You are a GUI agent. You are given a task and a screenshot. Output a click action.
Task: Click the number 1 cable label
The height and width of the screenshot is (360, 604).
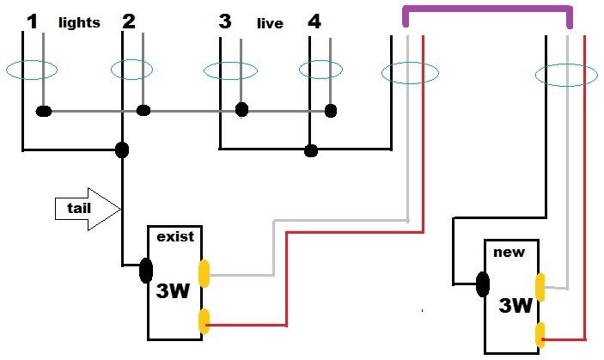[x=32, y=21]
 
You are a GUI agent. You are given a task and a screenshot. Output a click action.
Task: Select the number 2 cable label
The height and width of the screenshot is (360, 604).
[x=129, y=21]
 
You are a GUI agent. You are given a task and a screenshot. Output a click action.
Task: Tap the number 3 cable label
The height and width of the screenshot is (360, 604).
[x=225, y=21]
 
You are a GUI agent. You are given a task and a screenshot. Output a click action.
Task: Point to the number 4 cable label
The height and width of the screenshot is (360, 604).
[x=314, y=21]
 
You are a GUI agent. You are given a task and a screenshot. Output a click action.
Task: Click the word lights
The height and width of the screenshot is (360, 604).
[x=79, y=23]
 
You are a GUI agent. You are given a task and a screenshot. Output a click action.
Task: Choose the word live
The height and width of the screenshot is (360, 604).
[x=270, y=24]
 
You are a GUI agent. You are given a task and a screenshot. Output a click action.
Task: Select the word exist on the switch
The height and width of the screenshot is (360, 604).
[x=174, y=235]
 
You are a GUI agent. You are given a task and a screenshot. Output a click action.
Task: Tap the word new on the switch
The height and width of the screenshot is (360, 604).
[x=505, y=252]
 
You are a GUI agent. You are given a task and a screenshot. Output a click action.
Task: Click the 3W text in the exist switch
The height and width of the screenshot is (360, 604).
[x=173, y=290]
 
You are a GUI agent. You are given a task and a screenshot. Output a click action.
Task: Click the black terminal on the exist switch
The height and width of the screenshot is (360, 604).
[x=146, y=271]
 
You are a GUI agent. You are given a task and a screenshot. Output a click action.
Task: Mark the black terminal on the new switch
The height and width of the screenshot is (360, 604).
[x=483, y=283]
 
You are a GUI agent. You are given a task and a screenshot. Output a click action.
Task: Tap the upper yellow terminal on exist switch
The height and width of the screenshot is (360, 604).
[x=203, y=273]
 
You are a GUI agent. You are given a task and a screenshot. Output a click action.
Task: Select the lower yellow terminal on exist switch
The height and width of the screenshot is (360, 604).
[x=203, y=321]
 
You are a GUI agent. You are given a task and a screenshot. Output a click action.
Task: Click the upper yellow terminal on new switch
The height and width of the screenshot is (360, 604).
[x=540, y=286]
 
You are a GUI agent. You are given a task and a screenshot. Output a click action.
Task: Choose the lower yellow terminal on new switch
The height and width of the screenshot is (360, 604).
[x=540, y=333]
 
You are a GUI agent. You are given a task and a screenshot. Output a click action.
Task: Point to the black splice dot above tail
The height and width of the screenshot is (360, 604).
[x=123, y=150]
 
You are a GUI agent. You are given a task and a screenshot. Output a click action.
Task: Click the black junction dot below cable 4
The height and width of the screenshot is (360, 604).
[x=311, y=151]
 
